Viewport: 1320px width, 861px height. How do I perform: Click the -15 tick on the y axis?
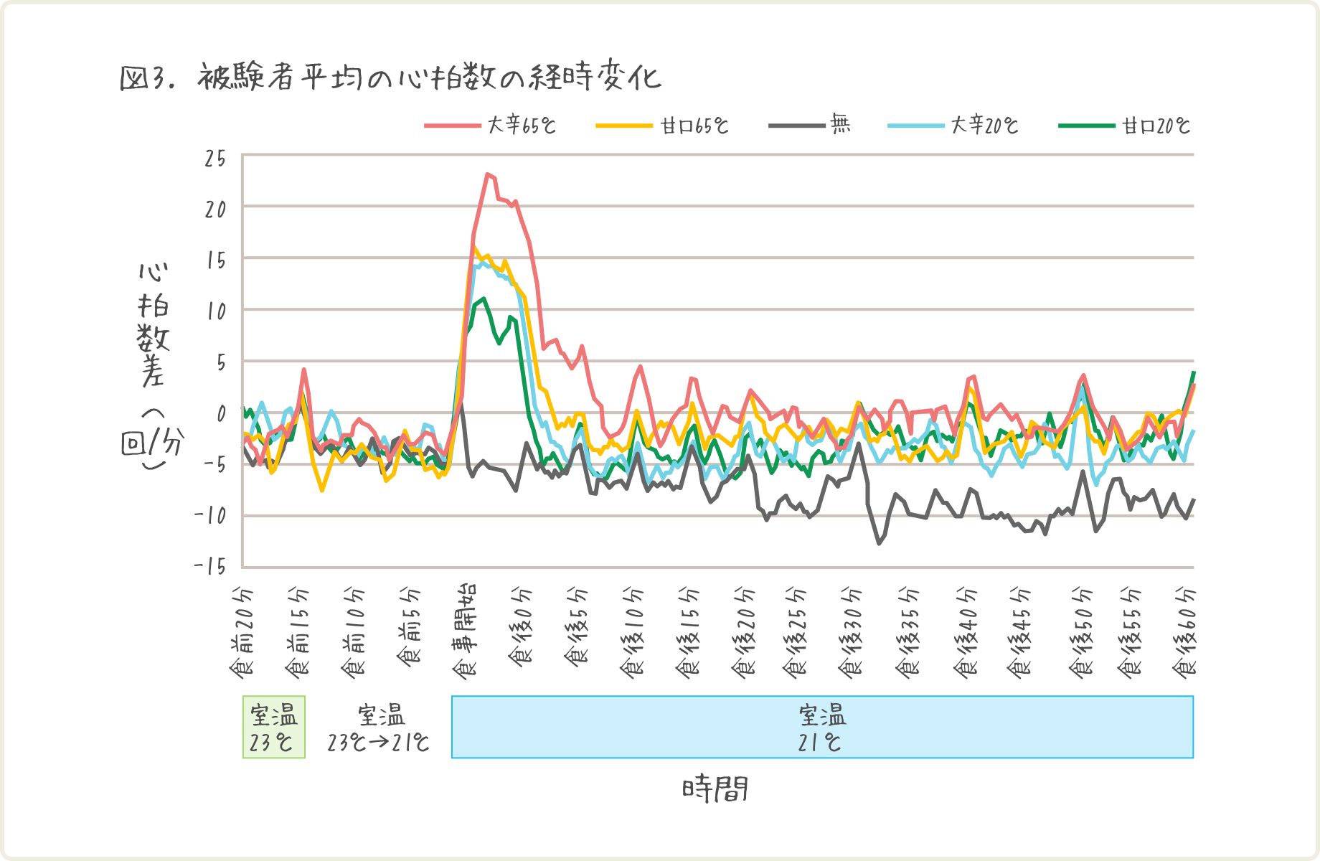pos(210,567)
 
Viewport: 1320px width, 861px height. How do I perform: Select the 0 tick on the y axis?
pos(221,413)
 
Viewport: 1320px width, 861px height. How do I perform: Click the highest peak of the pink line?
pos(487,174)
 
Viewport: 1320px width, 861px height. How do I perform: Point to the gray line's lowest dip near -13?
pos(879,543)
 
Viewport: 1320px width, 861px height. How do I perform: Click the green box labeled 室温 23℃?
pos(273,727)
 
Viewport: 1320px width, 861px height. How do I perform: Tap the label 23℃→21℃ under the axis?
pos(378,742)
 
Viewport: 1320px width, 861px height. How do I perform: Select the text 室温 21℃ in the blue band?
pos(822,727)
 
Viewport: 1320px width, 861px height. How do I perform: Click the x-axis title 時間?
pos(715,789)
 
